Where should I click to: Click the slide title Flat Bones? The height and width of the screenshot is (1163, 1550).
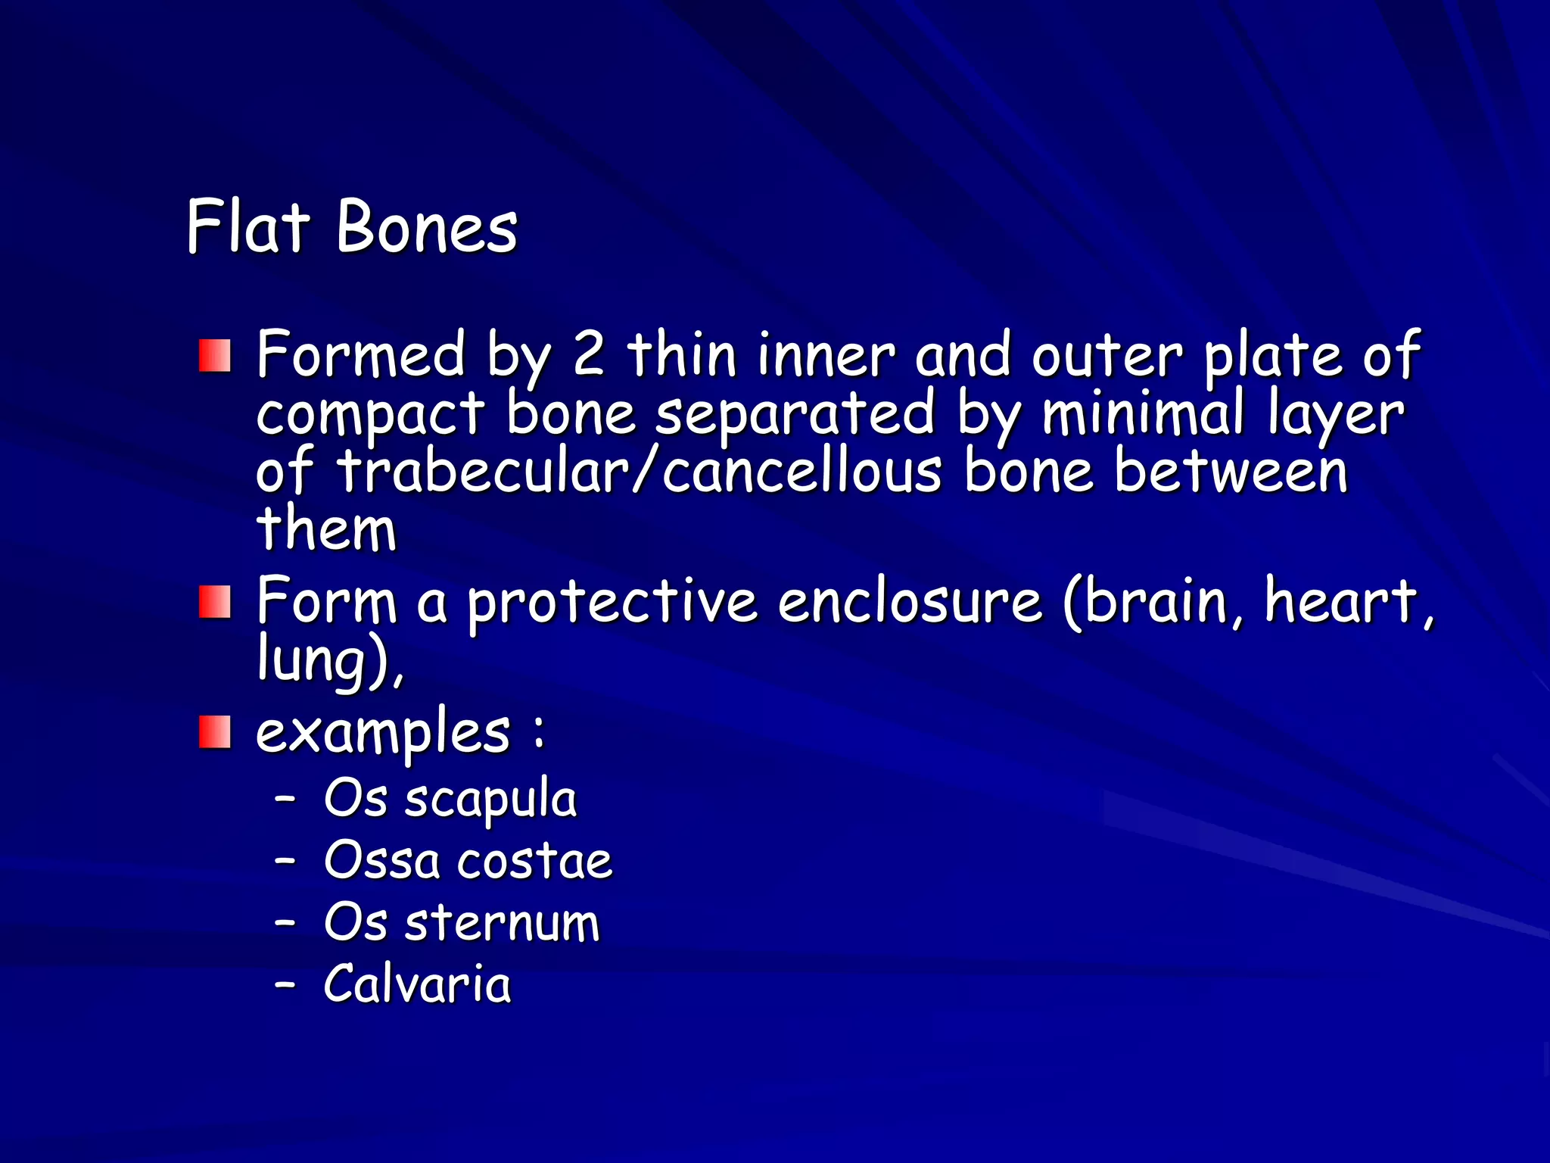352,226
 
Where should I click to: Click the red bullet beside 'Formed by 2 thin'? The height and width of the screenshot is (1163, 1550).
215,356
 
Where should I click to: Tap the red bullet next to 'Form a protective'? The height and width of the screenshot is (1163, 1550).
215,603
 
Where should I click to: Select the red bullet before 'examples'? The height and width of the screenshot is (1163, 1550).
215,732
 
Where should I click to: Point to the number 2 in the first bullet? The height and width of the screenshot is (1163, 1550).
588,354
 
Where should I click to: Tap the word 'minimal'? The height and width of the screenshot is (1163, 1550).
1143,413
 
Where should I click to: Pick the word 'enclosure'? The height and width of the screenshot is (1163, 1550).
910,601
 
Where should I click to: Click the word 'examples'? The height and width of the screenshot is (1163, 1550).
383,732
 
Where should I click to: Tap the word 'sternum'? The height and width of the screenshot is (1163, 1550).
502,923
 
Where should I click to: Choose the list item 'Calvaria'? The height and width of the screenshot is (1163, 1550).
417,984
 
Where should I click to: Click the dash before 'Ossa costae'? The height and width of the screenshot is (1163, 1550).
285,861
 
